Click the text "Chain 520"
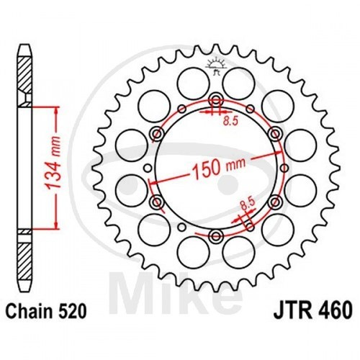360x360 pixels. [x=46, y=311]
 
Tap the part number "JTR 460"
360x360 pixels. [x=313, y=311]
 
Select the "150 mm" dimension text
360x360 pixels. [x=219, y=167]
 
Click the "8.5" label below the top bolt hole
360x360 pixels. [x=230, y=121]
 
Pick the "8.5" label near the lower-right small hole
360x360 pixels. [x=247, y=204]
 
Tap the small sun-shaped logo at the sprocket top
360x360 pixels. [x=216, y=66]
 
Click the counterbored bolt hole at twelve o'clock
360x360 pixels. [x=216, y=100]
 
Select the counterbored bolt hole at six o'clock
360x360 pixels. [x=216, y=236]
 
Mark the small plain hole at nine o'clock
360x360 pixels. [x=148, y=168]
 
